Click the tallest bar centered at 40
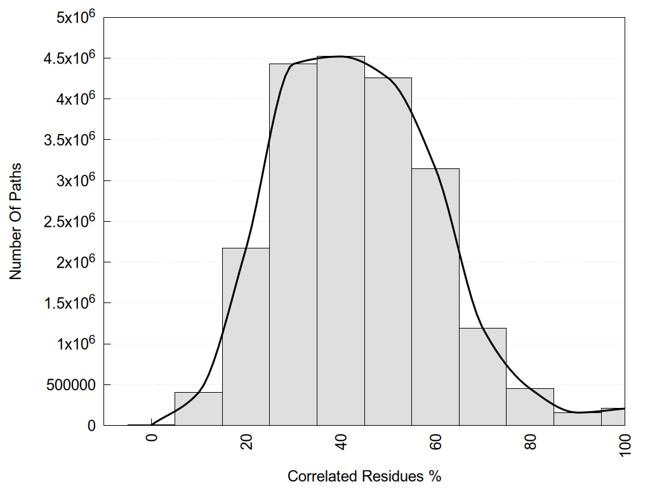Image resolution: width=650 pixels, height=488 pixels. coord(341,241)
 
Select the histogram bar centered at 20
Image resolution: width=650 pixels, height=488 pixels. coord(246,337)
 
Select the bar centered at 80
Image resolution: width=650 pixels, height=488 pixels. coord(530,407)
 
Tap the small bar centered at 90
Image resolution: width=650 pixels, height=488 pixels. coord(577,419)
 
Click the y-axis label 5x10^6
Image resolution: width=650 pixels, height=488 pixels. coord(71,17)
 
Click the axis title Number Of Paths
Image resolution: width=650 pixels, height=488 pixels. coord(16,221)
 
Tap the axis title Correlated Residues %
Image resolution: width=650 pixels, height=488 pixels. coord(364,476)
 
